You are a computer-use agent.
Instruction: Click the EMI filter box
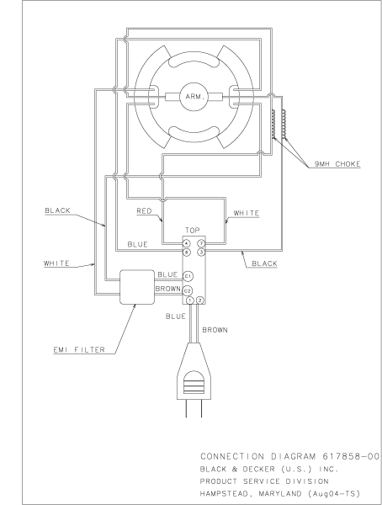(137, 287)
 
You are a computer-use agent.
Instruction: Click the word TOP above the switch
(193, 230)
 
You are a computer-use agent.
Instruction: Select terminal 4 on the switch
(186, 243)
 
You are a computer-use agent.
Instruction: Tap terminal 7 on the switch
(200, 243)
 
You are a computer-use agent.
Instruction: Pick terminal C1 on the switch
(188, 275)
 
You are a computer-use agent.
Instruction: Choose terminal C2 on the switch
(188, 290)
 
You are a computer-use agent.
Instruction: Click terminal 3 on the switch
(200, 252)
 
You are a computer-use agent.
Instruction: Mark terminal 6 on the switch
(186, 252)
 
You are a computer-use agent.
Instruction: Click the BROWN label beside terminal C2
(167, 289)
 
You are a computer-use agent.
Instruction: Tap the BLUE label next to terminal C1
(167, 274)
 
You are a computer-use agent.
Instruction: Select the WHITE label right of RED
(246, 213)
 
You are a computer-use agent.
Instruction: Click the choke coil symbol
(275, 126)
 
